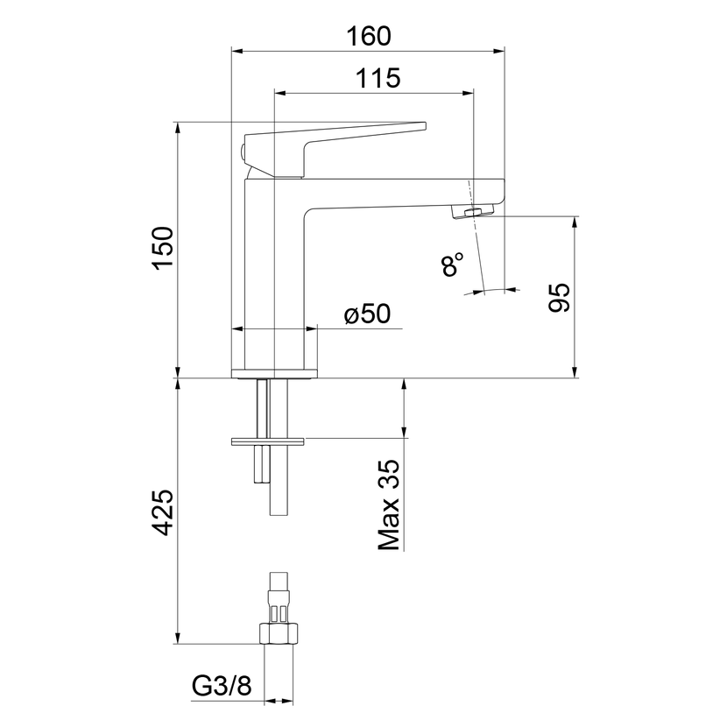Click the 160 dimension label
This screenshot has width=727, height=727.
coord(369,36)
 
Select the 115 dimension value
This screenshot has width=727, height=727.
coord(378,78)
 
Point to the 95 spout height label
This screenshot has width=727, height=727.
coord(559,297)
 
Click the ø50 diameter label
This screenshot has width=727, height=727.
coord(368,314)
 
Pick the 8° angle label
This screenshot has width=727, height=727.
coord(452,265)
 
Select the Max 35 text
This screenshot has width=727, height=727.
coord(389,505)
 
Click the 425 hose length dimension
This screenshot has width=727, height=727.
coord(163,512)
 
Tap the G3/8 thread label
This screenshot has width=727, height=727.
coord(222,685)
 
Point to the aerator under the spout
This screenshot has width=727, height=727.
coord(473,212)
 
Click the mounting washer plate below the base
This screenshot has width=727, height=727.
coord(267,441)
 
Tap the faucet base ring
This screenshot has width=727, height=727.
coord(274,374)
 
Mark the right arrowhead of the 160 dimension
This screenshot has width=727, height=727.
coord(499,51)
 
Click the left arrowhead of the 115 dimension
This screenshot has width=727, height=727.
coord(280,93)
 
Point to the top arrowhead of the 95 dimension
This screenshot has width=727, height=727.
coord(575,222)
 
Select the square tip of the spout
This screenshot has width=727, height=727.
coord(497,193)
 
